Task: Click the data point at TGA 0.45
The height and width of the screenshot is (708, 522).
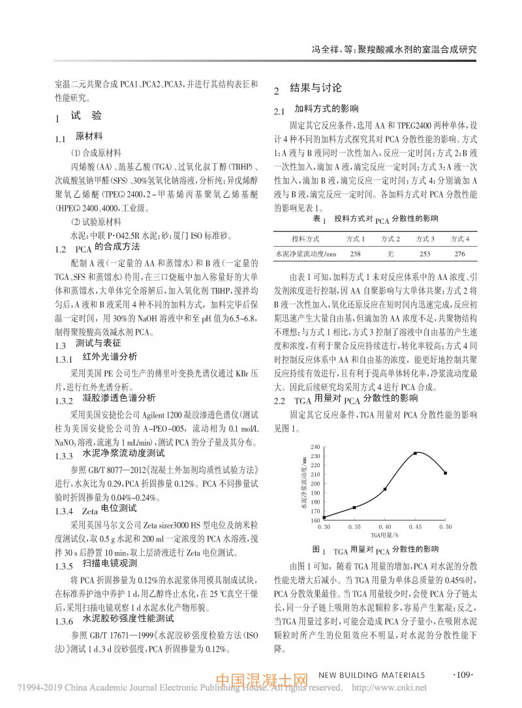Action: (x=415, y=453)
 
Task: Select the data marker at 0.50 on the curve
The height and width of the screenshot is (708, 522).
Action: (x=445, y=473)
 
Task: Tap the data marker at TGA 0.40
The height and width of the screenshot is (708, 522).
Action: (x=385, y=489)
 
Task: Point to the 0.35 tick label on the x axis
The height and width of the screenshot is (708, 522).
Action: (x=354, y=525)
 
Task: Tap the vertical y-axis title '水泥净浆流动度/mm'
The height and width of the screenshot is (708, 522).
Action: (x=304, y=483)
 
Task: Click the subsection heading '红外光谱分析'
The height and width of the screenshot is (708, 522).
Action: (x=110, y=357)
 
